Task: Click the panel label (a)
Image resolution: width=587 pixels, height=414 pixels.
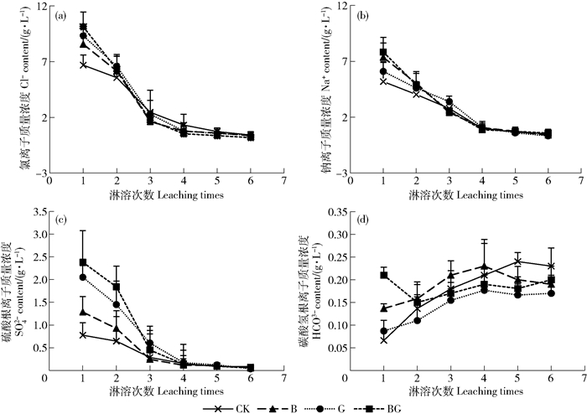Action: pos(61,16)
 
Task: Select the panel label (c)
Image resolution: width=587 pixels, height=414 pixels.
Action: pos(61,220)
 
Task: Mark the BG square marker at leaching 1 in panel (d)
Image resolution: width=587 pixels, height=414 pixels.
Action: pos(383,275)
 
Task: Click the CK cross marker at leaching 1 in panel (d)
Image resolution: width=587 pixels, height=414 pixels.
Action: pos(383,340)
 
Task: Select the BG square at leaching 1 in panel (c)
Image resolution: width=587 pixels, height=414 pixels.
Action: pos(83,262)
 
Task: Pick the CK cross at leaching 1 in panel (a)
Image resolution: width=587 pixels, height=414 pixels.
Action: pos(83,65)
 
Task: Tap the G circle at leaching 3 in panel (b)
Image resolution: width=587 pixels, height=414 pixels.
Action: pos(449,102)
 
